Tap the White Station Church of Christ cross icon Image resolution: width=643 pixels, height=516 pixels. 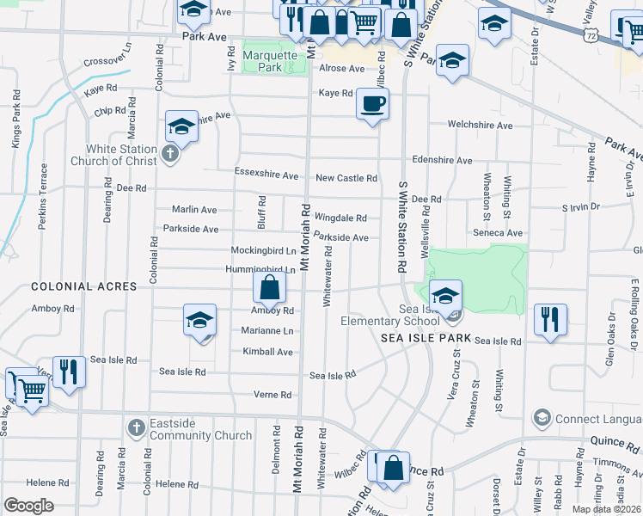(x=170, y=155)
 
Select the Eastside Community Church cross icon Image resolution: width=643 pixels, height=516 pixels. (x=136, y=427)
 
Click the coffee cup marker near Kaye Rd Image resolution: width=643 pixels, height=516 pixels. (x=373, y=105)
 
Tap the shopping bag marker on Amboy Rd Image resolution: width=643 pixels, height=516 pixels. (x=269, y=289)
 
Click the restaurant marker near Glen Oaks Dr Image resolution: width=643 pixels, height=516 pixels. (x=550, y=319)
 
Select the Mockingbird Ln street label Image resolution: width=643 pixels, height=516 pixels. (x=263, y=250)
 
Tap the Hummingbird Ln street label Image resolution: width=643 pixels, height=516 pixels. (x=260, y=269)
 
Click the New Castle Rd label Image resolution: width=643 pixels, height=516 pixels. (x=346, y=178)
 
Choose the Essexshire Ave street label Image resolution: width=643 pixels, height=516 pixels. (x=266, y=175)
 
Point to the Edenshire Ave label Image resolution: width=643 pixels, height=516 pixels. (x=442, y=160)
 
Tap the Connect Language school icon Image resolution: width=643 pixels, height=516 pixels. (x=542, y=419)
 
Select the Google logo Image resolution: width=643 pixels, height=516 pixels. (x=28, y=505)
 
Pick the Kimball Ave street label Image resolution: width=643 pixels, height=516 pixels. (x=268, y=352)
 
